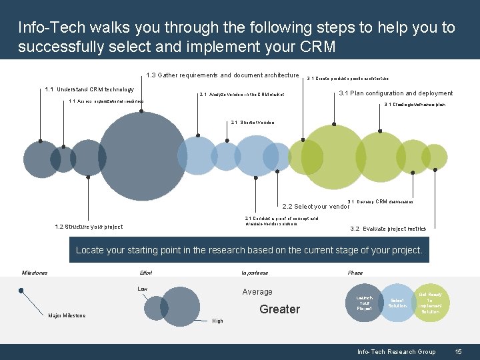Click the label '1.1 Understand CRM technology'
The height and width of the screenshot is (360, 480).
[89, 89]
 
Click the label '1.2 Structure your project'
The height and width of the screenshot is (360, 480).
[89, 227]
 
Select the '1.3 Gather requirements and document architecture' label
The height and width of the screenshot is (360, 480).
[222, 75]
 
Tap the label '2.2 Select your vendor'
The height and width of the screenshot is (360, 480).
[316, 207]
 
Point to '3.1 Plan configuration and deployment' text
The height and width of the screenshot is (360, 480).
[396, 93]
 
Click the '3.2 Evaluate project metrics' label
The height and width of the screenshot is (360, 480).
[388, 229]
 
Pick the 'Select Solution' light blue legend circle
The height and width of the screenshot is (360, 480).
[397, 303]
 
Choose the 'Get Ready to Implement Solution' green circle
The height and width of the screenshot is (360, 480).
[430, 303]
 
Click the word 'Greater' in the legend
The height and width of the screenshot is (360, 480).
[280, 309]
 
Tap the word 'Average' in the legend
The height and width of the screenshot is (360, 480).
[257, 292]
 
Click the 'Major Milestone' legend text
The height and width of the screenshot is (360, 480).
[66, 315]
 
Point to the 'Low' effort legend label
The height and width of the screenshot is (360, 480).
[142, 289]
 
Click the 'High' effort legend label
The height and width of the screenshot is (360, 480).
[217, 321]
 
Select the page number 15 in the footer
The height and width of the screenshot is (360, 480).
[458, 352]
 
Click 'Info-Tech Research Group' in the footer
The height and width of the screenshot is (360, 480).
[396, 352]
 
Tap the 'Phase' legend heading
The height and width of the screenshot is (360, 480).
[355, 273]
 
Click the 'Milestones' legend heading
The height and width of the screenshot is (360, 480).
[35, 273]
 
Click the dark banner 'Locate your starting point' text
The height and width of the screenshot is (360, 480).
[249, 251]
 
